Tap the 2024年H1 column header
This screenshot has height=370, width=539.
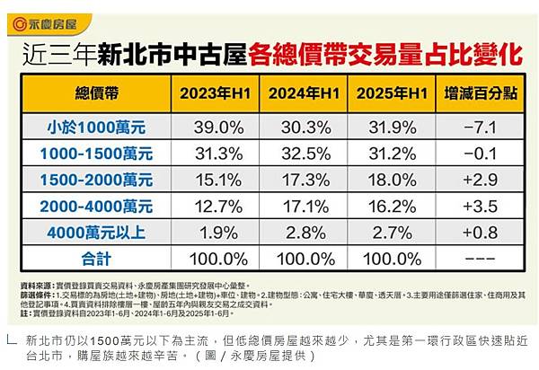[301, 92]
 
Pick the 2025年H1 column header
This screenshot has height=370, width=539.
[389, 92]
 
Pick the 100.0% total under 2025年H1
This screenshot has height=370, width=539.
[389, 257]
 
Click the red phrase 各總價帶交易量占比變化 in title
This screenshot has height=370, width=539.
[387, 53]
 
